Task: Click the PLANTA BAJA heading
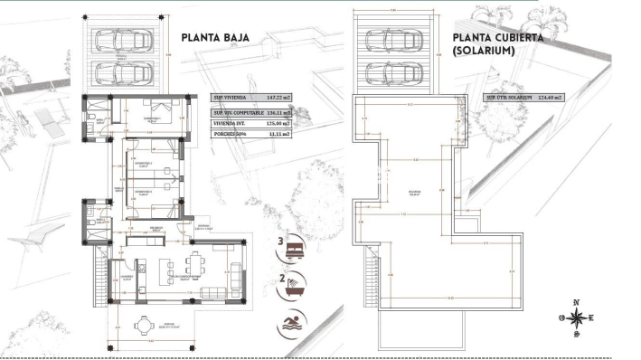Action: click(x=214, y=38)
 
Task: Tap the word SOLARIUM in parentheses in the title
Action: click(x=485, y=52)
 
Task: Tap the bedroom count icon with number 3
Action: click(x=295, y=245)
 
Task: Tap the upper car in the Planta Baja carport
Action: click(x=133, y=42)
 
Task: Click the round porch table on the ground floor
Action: click(x=143, y=326)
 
